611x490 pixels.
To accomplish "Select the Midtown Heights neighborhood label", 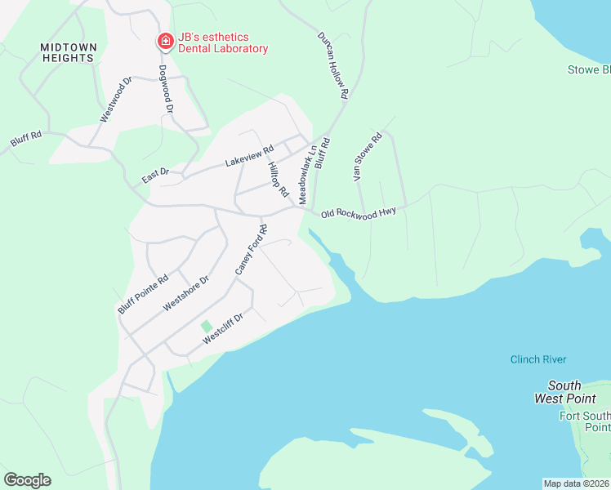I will (68, 53).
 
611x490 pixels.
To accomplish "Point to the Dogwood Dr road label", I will (167, 89).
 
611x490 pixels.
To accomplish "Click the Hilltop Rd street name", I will (278, 179).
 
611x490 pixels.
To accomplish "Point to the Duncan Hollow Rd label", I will (333, 65).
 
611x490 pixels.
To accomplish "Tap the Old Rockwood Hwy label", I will (359, 212).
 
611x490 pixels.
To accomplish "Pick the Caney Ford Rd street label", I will (251, 247).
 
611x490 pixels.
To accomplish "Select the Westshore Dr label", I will (186, 292).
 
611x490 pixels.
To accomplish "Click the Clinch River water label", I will (537, 359).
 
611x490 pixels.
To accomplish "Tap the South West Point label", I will (564, 392).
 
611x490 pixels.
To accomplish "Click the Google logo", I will (27, 480).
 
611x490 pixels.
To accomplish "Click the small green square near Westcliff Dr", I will (207, 326).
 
